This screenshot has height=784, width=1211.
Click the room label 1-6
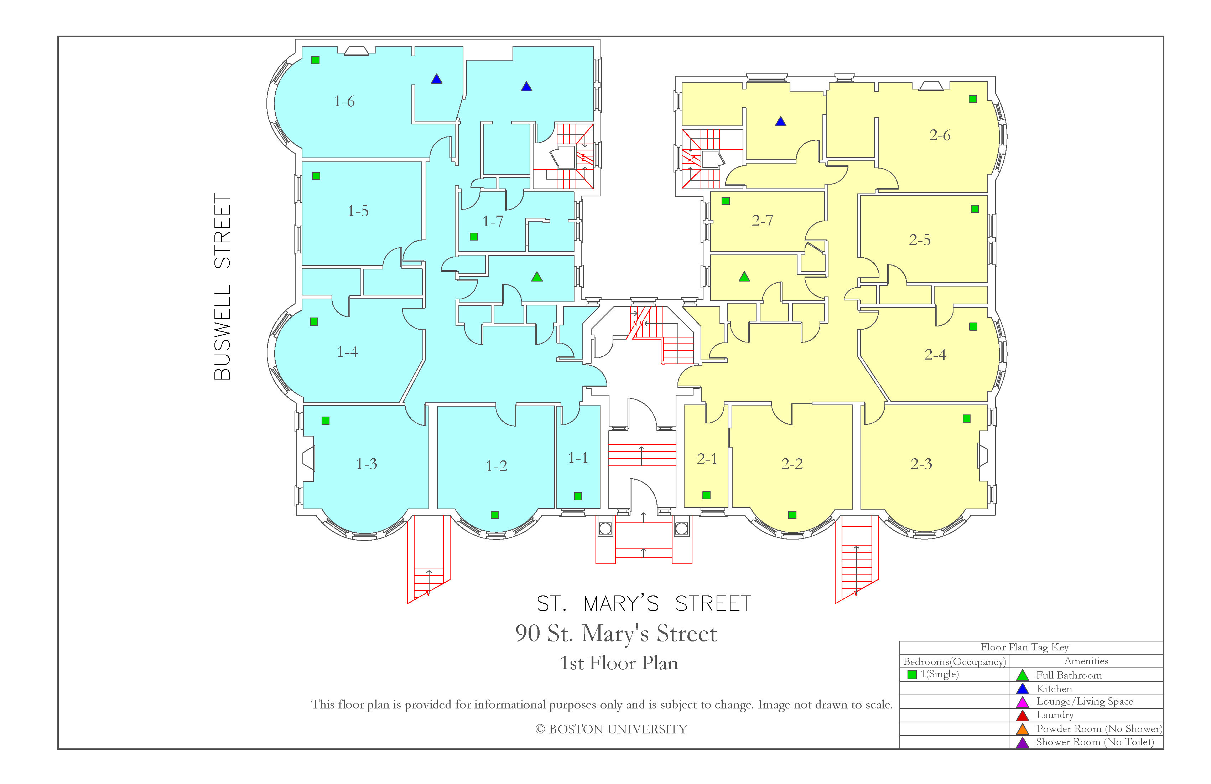click(x=344, y=102)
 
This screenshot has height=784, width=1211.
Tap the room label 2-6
click(x=940, y=135)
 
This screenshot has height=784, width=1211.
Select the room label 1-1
click(x=578, y=458)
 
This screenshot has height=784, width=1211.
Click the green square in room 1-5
click(x=316, y=176)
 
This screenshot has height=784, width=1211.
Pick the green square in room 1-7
click(x=474, y=237)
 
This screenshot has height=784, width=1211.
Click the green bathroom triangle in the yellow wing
click(x=744, y=277)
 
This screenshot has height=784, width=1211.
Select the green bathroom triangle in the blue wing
click(x=537, y=277)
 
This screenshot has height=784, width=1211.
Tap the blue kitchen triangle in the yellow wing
click(x=780, y=122)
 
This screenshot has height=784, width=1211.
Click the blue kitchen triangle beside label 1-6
click(x=437, y=79)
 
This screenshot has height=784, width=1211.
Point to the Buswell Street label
click(x=222, y=287)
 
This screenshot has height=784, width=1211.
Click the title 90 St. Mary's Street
click(x=616, y=634)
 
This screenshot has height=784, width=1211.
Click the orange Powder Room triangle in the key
click(x=1023, y=729)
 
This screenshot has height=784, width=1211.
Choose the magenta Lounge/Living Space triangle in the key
click(x=1023, y=702)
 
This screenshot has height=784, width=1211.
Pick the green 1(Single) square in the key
click(x=912, y=675)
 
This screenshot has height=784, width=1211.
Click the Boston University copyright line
click(x=611, y=729)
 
